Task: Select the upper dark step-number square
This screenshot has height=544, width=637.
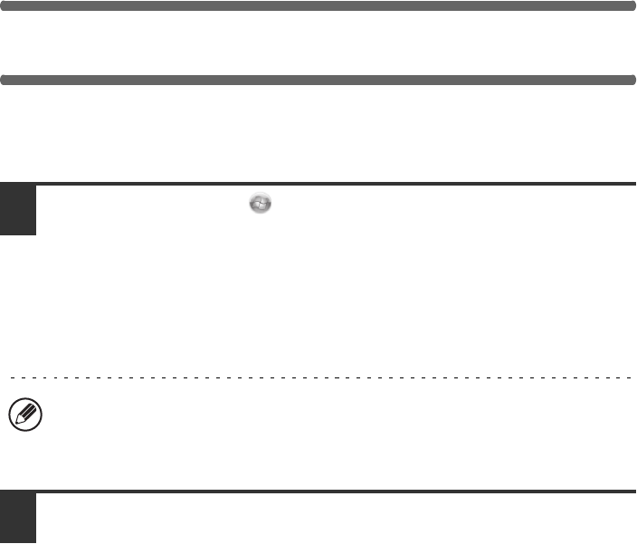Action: (x=18, y=210)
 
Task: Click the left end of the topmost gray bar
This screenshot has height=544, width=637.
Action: (x=4, y=5)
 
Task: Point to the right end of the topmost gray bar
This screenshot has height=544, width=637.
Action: (x=633, y=5)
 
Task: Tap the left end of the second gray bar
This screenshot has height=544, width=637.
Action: (x=4, y=80)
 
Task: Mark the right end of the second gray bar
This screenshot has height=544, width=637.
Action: (x=633, y=80)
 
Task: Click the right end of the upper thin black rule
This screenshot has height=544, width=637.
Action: (x=635, y=185)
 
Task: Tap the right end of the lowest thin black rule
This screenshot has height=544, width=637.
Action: (x=635, y=492)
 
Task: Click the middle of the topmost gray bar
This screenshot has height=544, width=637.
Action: (x=318, y=5)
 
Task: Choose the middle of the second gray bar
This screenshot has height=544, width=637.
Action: (x=318, y=80)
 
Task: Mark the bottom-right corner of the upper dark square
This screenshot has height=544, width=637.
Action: (x=35, y=234)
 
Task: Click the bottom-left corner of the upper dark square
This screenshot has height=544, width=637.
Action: (x=1, y=234)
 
